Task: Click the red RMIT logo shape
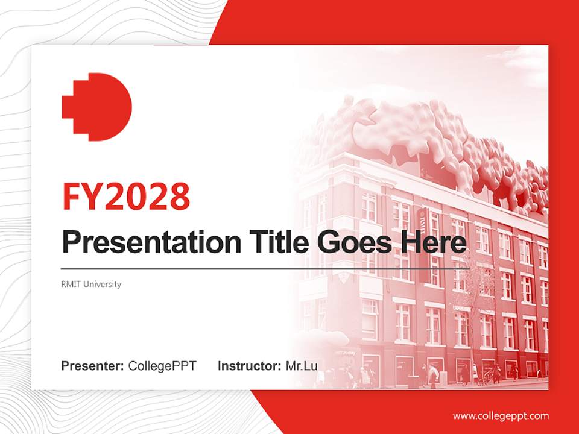tap(96, 107)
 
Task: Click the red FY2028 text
tap(126, 195)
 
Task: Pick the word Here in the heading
tap(435, 242)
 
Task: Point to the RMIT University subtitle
tap(91, 284)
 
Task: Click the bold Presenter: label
tap(93, 366)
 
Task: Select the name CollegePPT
tap(162, 366)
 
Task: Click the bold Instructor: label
tap(250, 366)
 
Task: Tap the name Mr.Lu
tap(302, 366)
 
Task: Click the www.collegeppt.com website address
tap(501, 415)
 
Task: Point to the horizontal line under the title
tap(265, 268)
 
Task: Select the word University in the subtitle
tap(103, 284)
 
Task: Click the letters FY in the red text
tap(82, 195)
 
